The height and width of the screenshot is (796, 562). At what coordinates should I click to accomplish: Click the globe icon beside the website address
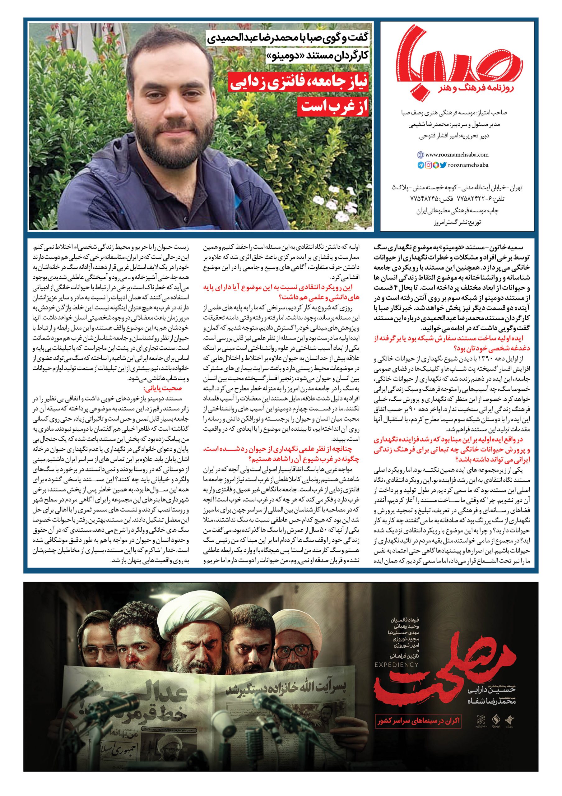[420, 155]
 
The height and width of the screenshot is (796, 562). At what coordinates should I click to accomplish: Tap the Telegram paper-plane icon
[420, 165]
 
